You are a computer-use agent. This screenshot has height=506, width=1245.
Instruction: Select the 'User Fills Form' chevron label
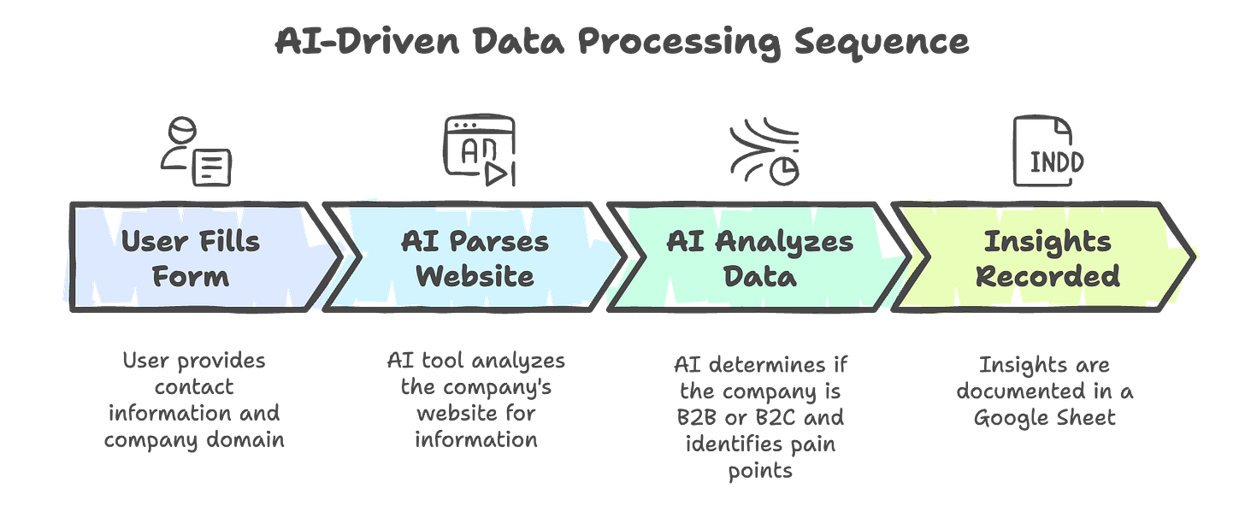coord(190,257)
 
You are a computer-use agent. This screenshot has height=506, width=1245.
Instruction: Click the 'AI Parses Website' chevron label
coord(475,257)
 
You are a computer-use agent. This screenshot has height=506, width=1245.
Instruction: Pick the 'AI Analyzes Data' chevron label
coord(759,257)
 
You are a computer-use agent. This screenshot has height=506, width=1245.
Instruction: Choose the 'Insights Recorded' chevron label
coord(1047,257)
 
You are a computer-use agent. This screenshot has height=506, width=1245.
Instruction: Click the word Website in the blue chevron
coord(475,276)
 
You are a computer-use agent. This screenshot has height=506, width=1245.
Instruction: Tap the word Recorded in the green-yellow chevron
coord(1047,276)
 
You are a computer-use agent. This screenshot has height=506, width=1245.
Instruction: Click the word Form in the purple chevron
coord(190,276)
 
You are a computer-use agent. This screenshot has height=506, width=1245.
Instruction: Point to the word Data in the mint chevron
coord(759,276)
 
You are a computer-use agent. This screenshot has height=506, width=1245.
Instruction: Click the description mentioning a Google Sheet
coord(1047,392)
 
